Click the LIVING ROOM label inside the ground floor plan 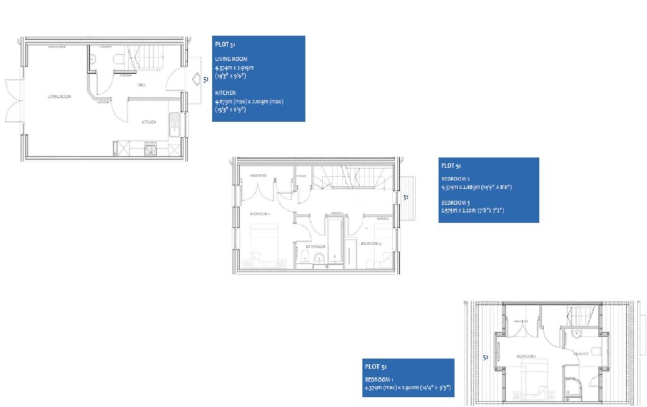coord(59,97)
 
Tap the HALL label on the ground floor coord(142,83)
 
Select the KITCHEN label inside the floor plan coord(148,122)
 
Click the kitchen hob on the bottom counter coord(150,149)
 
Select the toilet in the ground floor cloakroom coord(118,59)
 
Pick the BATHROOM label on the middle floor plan coord(315,246)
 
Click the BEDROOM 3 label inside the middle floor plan coord(371,243)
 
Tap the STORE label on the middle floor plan coord(301,175)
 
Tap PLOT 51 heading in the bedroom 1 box coord(376,367)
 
